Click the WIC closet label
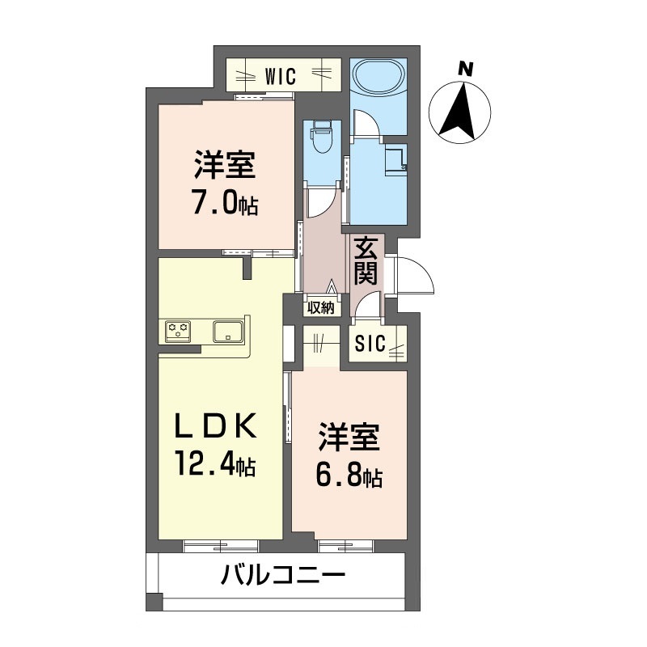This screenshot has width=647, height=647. coord(281,78)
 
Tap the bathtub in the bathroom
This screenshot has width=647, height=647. coord(378,78)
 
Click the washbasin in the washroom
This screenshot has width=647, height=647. coord(395,159)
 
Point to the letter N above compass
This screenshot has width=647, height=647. coord(464,70)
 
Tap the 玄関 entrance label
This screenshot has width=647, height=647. coord(366,261)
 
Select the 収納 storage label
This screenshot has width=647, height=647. coord(321,307)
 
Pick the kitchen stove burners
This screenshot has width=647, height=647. coord(179,330)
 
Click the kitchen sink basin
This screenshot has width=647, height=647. coord(226,331)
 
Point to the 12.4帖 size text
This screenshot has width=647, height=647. coord(214,464)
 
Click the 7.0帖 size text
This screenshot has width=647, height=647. coord(225,204)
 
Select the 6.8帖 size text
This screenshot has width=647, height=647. coord(348,476)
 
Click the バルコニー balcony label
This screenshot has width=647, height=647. coord(283,577)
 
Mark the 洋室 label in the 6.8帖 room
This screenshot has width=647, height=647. coord(348,438)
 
